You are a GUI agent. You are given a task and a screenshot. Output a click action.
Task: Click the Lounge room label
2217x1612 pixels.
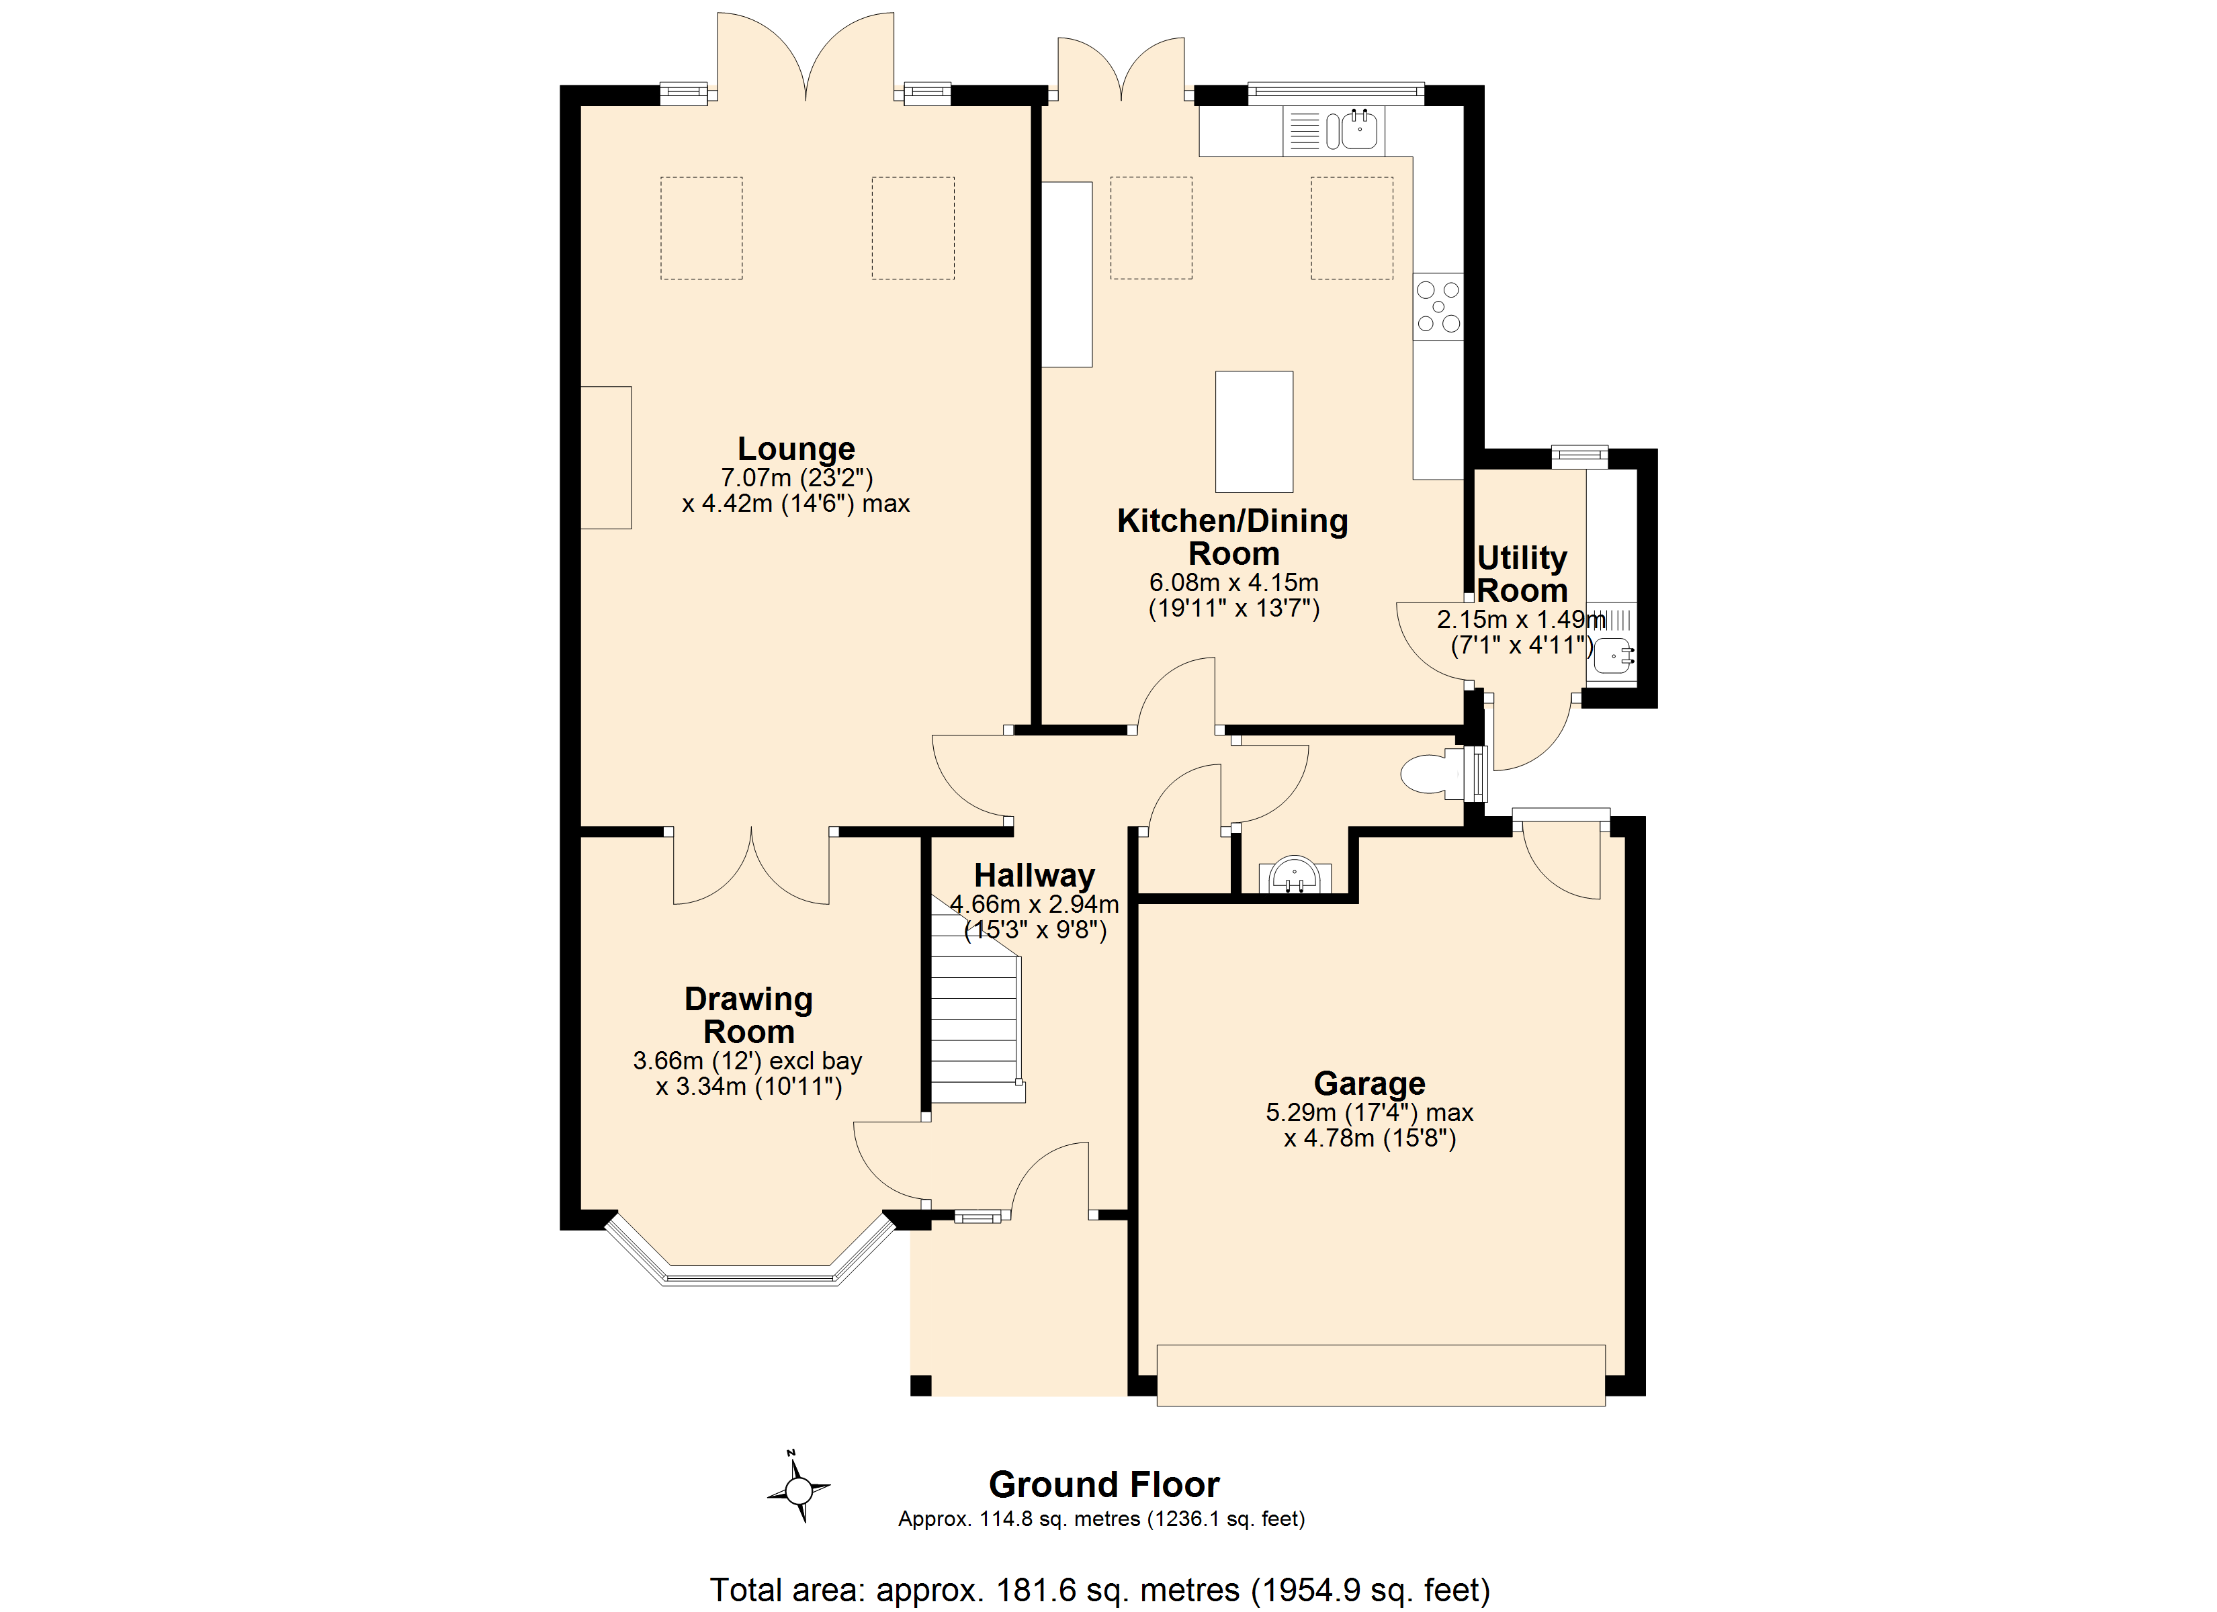[x=795, y=449]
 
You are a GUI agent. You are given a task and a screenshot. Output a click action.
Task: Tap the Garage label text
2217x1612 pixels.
[x=1369, y=1083]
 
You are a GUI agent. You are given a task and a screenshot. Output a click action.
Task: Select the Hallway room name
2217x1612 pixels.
[x=1034, y=876]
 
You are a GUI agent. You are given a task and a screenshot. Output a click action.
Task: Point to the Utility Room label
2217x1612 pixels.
[x=1522, y=574]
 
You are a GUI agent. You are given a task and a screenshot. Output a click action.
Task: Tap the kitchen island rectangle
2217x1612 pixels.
[x=1254, y=431]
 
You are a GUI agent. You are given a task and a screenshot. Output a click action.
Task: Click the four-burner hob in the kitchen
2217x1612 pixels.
[x=1438, y=307]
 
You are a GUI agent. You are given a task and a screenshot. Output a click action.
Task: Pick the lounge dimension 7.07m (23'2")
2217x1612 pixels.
[x=795, y=478]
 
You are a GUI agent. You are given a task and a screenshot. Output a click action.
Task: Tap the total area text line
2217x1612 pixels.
[x=1100, y=1591]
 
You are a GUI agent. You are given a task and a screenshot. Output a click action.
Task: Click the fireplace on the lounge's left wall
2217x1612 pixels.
[x=606, y=457]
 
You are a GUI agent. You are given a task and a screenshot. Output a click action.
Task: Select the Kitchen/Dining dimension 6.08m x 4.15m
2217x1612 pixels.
[x=1233, y=582]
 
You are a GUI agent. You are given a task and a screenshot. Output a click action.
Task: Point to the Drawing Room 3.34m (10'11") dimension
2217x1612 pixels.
[x=749, y=1087]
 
